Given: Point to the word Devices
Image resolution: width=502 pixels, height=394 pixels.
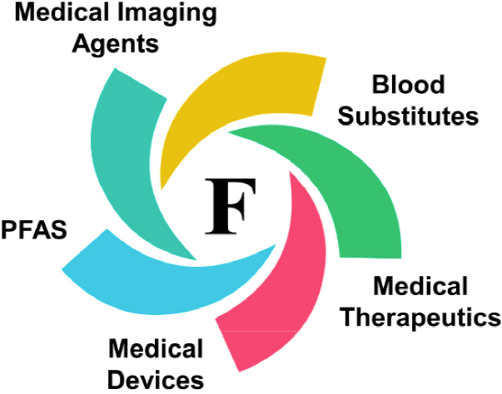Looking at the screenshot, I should [x=157, y=378].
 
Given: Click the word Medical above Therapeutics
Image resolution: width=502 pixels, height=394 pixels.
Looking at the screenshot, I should [x=421, y=288].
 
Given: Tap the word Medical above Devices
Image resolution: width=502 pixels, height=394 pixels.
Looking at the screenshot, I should [x=156, y=347].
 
